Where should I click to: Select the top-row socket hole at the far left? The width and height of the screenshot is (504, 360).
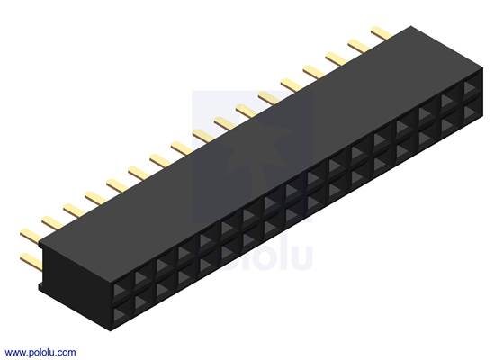[121, 290]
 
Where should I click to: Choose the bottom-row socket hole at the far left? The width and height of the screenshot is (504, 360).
[121, 311]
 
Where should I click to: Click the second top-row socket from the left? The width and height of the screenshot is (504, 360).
[143, 278]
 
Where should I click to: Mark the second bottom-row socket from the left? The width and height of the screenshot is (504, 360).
[143, 300]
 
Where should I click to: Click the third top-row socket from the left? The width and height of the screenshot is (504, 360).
[165, 267]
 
